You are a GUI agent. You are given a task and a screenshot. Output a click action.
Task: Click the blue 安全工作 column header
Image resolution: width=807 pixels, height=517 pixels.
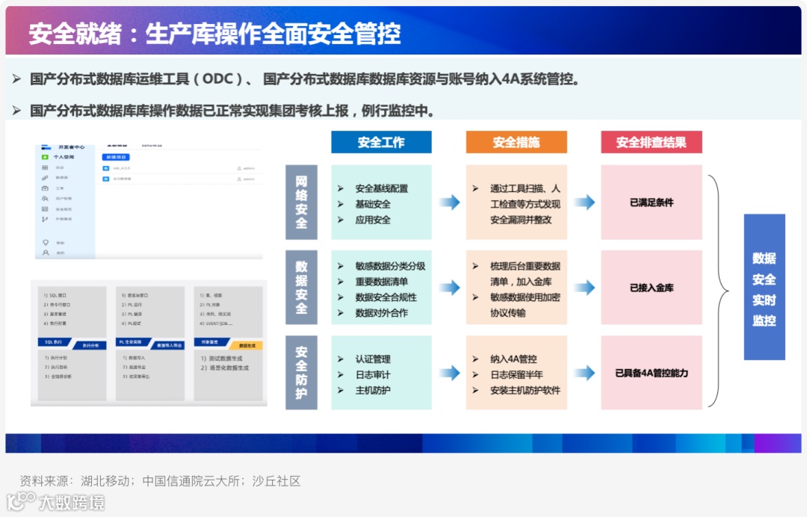point(381,142)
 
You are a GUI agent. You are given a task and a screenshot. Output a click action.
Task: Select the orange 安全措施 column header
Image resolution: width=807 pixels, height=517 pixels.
point(516,142)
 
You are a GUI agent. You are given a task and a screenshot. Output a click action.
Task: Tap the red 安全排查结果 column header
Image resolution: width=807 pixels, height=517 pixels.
point(651,142)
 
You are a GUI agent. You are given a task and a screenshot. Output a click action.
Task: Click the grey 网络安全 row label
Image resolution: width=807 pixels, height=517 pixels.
point(301,202)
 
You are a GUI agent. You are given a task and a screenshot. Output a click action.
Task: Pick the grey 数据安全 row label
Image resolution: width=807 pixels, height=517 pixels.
point(301,287)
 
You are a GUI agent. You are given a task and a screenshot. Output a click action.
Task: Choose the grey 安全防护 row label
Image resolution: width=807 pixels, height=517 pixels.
point(301,372)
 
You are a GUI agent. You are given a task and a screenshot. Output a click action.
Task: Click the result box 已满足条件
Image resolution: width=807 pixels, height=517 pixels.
point(651,202)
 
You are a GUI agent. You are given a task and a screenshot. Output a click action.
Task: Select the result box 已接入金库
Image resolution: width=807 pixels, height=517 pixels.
point(651,288)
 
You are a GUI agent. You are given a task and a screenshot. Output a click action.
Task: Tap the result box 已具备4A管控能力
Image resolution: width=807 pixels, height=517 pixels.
point(651,373)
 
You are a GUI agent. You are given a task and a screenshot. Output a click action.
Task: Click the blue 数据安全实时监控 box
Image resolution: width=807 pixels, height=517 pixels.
point(764,288)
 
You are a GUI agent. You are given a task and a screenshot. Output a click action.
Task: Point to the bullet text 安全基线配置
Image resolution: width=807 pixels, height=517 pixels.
point(381,188)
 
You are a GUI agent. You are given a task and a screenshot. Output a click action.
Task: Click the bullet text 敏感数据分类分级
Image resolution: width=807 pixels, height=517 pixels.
point(390,266)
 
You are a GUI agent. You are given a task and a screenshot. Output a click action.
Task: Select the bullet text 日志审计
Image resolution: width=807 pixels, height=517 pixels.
point(372,375)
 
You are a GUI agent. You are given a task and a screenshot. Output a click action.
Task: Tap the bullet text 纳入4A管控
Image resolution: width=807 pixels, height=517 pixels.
point(513,359)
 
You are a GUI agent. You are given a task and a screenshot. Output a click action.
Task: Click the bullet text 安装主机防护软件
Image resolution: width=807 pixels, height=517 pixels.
point(525,391)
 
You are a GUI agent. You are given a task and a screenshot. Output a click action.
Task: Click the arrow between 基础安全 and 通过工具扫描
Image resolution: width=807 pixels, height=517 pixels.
point(449,202)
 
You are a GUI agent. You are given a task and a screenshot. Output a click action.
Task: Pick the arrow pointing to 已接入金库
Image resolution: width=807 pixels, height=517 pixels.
point(584,288)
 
